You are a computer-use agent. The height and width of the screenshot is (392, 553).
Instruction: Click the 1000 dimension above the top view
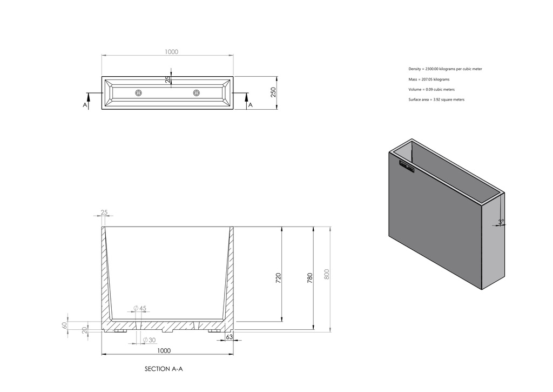tap(171, 52)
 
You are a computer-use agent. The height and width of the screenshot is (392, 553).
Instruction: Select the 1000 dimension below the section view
tap(164, 350)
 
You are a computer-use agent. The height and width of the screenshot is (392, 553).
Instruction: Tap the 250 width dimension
tap(273, 92)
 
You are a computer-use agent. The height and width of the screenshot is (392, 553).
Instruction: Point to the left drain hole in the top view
tap(139, 93)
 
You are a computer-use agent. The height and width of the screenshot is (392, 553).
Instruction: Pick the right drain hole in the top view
tap(196, 93)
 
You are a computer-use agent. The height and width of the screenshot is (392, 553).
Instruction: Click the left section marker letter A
tap(85, 105)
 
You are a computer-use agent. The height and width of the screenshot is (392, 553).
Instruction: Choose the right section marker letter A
tap(250, 105)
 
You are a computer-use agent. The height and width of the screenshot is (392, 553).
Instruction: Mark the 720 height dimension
tap(278, 278)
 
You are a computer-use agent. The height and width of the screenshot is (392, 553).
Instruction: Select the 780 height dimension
tap(309, 278)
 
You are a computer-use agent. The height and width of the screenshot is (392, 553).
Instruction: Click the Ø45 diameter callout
tap(140, 308)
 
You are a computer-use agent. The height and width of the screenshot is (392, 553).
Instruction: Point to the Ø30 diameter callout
tap(150, 340)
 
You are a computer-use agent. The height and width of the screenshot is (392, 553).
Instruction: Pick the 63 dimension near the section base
tap(229, 337)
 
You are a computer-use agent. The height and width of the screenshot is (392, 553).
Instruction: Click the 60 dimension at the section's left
tap(64, 325)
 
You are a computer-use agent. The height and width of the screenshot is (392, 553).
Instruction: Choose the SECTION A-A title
tap(164, 369)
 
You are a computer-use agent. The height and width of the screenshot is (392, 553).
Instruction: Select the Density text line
tap(445, 69)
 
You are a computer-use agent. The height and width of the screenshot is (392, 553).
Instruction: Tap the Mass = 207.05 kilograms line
tap(429, 79)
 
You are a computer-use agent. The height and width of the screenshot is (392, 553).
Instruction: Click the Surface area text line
tap(436, 99)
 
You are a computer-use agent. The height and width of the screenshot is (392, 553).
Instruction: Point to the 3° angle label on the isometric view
tap(501, 221)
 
